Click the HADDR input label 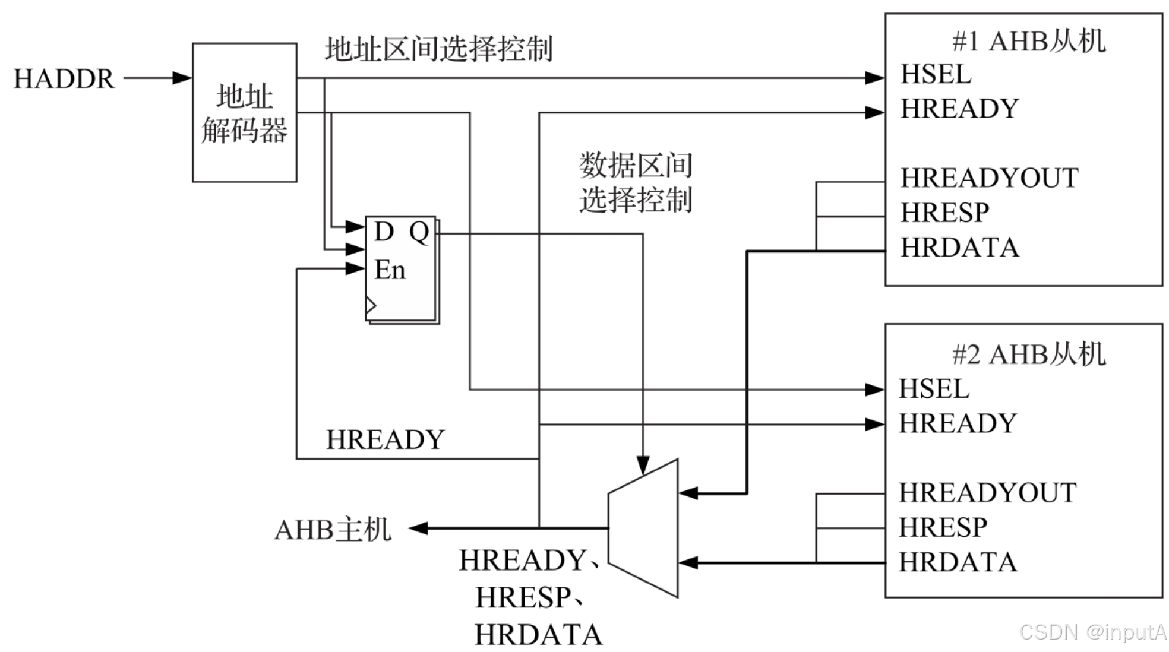coord(64,79)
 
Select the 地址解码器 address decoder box coord(244,112)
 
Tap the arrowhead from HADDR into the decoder coord(182,78)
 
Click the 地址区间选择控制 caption coord(438,49)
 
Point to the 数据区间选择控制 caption coord(636,182)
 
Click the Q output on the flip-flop coord(419,232)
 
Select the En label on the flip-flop coord(390,270)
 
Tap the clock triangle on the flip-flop coord(371,306)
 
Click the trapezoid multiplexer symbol coord(643,528)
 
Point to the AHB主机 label coord(333,529)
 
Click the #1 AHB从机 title coord(1028,42)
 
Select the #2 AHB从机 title coord(1028,355)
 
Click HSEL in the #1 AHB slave coord(936,75)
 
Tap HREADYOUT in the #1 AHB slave coord(989,178)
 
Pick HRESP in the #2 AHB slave coord(943,527)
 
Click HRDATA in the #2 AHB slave coord(958,562)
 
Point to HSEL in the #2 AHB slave coord(934,390)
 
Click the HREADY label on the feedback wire coord(385,440)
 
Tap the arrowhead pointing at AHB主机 coord(419,528)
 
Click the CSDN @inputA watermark coord(1092,632)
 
